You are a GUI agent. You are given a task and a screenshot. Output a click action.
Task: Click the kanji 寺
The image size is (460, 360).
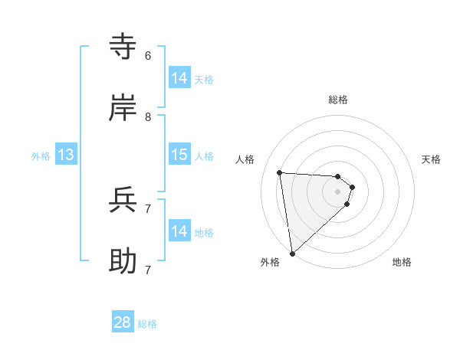(123, 47)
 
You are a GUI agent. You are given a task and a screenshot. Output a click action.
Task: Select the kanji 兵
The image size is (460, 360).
(123, 200)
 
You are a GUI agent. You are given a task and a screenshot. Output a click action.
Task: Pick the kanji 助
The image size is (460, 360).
(123, 261)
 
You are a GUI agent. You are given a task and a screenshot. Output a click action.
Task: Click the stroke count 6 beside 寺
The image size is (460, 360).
(148, 55)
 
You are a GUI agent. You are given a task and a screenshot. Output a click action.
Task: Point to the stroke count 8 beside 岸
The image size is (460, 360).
(148, 116)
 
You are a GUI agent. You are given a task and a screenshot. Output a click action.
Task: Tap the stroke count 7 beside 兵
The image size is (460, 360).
(148, 208)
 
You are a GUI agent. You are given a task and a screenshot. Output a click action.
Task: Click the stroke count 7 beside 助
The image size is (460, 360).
(148, 270)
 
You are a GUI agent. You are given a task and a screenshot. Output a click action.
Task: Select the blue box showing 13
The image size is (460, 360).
(66, 155)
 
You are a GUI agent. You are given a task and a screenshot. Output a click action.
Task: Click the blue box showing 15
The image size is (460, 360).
(179, 155)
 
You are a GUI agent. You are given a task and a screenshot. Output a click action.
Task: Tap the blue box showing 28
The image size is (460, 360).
(123, 322)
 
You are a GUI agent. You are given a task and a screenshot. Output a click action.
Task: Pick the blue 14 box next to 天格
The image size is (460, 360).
(179, 78)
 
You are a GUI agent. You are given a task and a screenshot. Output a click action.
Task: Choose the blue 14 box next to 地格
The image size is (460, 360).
(179, 231)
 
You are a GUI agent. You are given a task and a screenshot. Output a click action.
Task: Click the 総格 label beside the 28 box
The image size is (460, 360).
(147, 324)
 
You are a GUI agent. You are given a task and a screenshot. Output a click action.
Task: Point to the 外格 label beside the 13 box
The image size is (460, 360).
(41, 156)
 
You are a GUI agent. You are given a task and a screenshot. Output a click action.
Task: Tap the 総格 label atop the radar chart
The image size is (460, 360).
(338, 100)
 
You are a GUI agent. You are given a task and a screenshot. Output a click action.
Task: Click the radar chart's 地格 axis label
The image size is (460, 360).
(402, 262)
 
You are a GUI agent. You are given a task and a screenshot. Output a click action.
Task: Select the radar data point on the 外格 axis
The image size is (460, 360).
(292, 253)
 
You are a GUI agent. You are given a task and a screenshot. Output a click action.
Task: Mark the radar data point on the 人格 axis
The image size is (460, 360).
(280, 172)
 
